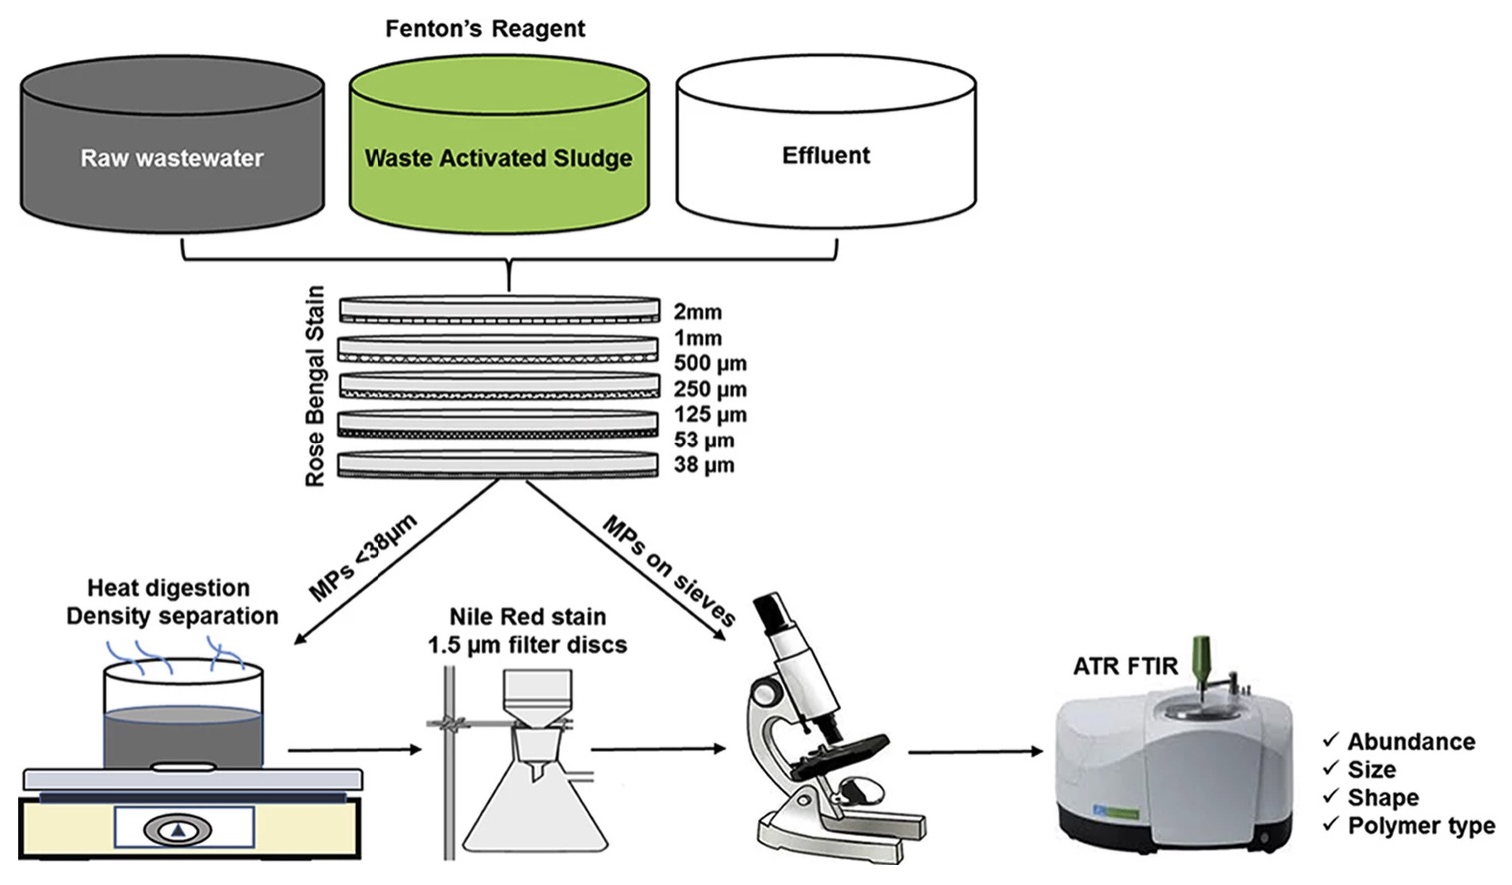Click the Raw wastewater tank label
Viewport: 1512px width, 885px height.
coord(172,158)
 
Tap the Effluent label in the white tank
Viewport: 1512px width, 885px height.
coord(826,155)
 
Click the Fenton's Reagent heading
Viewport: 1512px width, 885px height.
coord(485,29)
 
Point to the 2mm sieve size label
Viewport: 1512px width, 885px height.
coord(697,312)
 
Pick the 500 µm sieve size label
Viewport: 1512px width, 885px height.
coord(710,363)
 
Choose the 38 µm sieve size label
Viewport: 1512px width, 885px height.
coord(704,465)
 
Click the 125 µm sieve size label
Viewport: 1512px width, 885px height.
coord(710,414)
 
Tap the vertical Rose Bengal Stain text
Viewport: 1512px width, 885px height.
coord(315,386)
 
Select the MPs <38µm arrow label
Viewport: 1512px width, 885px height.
coord(363,557)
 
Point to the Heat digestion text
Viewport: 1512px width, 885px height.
coord(168,588)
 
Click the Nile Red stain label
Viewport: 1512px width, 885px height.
coord(527,617)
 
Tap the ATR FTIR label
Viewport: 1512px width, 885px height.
coord(1126,666)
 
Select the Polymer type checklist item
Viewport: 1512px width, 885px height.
coord(1420,826)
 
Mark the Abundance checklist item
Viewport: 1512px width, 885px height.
coord(1410,742)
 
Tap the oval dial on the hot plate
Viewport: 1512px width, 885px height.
coord(178,829)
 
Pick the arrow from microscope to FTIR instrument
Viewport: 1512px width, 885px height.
coord(974,751)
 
